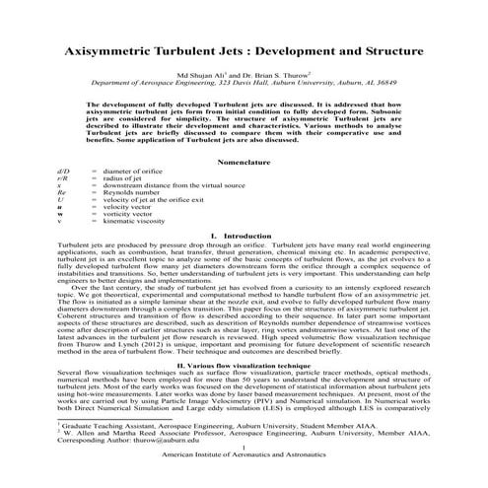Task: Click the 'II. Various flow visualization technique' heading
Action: point(244,364)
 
